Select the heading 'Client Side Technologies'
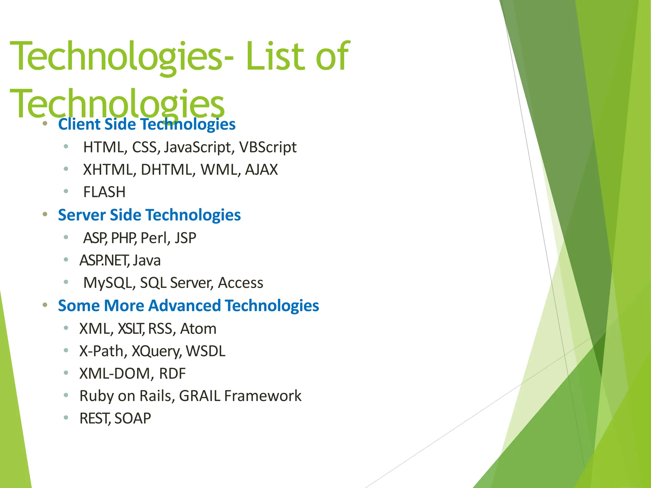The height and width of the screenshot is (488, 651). tap(147, 124)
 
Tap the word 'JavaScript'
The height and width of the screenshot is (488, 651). tap(197, 147)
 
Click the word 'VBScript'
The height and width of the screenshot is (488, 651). tap(268, 147)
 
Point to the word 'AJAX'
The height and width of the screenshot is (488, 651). tap(261, 170)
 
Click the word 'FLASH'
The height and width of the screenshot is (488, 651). tap(104, 192)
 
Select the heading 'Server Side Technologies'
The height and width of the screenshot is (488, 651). tap(149, 215)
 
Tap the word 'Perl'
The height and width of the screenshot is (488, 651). tap(154, 238)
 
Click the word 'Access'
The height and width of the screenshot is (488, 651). tap(240, 283)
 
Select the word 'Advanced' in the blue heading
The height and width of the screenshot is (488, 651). tap(184, 306)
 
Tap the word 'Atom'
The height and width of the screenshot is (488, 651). tap(198, 329)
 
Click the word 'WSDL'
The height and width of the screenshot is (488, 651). tap(205, 351)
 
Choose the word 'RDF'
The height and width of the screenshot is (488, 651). tap(172, 374)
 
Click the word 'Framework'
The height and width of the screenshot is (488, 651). tap(263, 396)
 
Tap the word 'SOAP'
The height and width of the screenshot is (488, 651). tap(133, 418)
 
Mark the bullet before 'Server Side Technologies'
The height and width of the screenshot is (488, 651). tap(45, 214)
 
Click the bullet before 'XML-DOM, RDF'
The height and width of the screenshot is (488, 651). tap(66, 373)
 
